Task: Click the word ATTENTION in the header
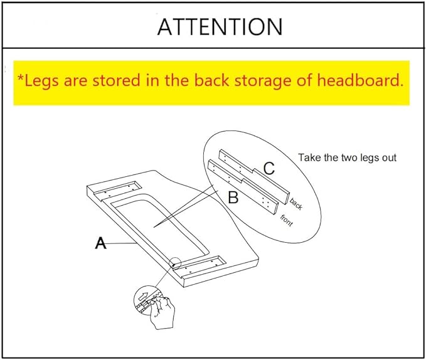pyautogui.click(x=220, y=26)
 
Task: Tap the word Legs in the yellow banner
pyautogui.click(x=41, y=81)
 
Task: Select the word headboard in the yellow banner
pyautogui.click(x=360, y=80)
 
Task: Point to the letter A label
pyautogui.click(x=100, y=243)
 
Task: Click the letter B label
pyautogui.click(x=233, y=198)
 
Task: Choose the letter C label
pyautogui.click(x=269, y=168)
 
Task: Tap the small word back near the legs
pyautogui.click(x=296, y=204)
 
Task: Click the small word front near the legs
pyautogui.click(x=286, y=220)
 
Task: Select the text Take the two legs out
pyautogui.click(x=347, y=158)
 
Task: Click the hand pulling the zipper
pyautogui.click(x=161, y=312)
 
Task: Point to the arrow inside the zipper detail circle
pyautogui.click(x=143, y=296)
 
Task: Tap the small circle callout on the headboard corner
pyautogui.click(x=174, y=263)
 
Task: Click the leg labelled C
pyautogui.click(x=254, y=176)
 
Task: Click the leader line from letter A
pyautogui.click(x=121, y=243)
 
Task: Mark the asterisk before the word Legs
pyautogui.click(x=21, y=78)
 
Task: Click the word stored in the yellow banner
pyautogui.click(x=117, y=81)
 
